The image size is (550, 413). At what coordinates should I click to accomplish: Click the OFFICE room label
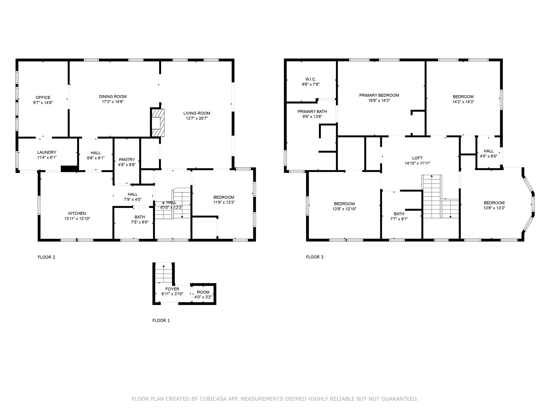pyautogui.click(x=43, y=98)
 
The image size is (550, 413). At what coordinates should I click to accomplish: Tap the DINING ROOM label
pyautogui.click(x=113, y=97)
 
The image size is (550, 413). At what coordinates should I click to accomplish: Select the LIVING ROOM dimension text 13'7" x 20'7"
pyautogui.click(x=197, y=118)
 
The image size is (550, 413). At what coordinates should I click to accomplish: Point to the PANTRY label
pyautogui.click(x=127, y=160)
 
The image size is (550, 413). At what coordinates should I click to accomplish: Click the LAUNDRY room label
pyautogui.click(x=47, y=152)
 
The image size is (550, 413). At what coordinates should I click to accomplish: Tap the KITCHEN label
pyautogui.click(x=77, y=213)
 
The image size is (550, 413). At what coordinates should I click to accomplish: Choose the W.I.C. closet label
pyautogui.click(x=311, y=79)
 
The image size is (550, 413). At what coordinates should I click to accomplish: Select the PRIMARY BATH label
pyautogui.click(x=312, y=112)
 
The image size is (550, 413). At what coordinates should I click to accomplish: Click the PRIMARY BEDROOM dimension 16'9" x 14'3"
pyautogui.click(x=379, y=101)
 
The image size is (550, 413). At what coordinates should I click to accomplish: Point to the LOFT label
pyautogui.click(x=417, y=158)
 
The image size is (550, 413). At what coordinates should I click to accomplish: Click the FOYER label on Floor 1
pyautogui.click(x=172, y=289)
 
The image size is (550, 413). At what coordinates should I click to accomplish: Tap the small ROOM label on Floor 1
pyautogui.click(x=203, y=292)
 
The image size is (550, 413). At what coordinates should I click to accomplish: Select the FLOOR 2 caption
pyautogui.click(x=46, y=257)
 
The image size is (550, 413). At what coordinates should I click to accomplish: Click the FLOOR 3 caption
pyautogui.click(x=315, y=257)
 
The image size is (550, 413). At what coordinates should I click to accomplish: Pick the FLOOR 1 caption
pyautogui.click(x=161, y=321)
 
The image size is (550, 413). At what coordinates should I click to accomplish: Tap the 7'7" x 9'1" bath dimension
pyautogui.click(x=399, y=219)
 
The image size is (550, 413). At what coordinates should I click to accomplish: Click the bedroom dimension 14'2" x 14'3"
pyautogui.click(x=463, y=102)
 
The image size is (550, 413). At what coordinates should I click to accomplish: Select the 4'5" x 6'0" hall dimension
pyautogui.click(x=489, y=156)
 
